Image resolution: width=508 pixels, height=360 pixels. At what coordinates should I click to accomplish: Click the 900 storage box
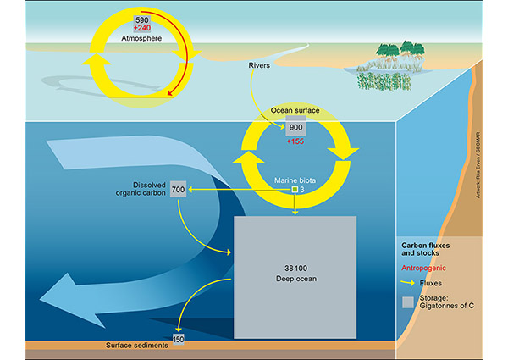(x=295, y=128)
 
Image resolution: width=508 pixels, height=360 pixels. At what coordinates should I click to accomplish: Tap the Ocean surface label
(x=295, y=110)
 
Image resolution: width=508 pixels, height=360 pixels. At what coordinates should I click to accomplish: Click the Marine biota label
(x=295, y=180)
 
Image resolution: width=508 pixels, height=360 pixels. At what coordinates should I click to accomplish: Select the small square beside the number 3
(x=295, y=190)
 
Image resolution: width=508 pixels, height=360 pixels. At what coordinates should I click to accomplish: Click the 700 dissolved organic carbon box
(x=178, y=190)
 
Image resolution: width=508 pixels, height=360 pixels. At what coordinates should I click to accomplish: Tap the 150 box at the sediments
(x=178, y=340)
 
